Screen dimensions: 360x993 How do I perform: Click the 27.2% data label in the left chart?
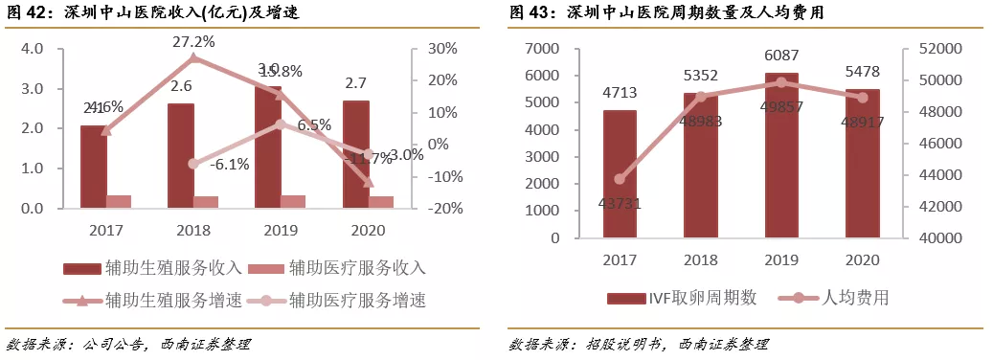click(x=193, y=42)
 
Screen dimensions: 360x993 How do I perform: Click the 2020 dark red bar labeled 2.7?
click(x=355, y=153)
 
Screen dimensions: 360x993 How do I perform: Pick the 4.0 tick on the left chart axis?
click(x=32, y=49)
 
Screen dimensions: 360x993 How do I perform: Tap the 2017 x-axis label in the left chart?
click(x=106, y=230)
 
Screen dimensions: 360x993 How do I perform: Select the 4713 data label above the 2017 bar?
click(x=620, y=93)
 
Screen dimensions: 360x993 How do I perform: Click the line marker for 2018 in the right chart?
click(x=700, y=97)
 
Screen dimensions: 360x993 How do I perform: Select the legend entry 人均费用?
click(x=845, y=298)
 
